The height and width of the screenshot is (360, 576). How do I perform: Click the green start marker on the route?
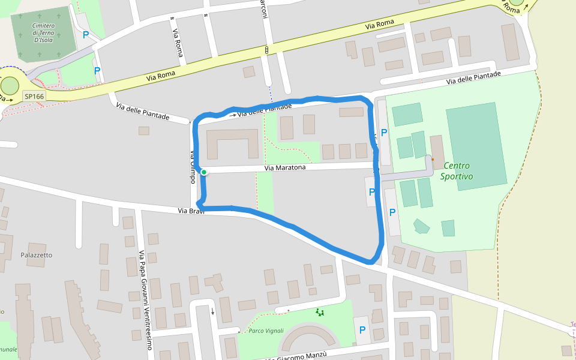pyautogui.click(x=204, y=172)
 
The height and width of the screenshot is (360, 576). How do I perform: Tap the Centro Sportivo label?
pyautogui.click(x=457, y=171)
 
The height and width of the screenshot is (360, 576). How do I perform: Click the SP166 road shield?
pyautogui.click(x=34, y=96)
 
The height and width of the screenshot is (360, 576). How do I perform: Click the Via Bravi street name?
pyautogui.click(x=191, y=211)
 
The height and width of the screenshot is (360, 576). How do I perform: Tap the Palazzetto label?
pyautogui.click(x=37, y=255)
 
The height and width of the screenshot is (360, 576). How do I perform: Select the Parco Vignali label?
pyautogui.click(x=266, y=331)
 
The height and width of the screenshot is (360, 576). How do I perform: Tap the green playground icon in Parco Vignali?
pyautogui.click(x=320, y=312)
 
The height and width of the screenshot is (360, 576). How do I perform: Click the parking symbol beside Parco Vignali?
pyautogui.click(x=362, y=329)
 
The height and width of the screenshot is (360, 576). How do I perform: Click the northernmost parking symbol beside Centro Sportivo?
pyautogui.click(x=384, y=133)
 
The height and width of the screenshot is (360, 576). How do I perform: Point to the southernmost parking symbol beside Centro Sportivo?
pyautogui.click(x=392, y=212)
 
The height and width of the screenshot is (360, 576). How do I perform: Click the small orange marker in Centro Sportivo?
pyautogui.click(x=432, y=160)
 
